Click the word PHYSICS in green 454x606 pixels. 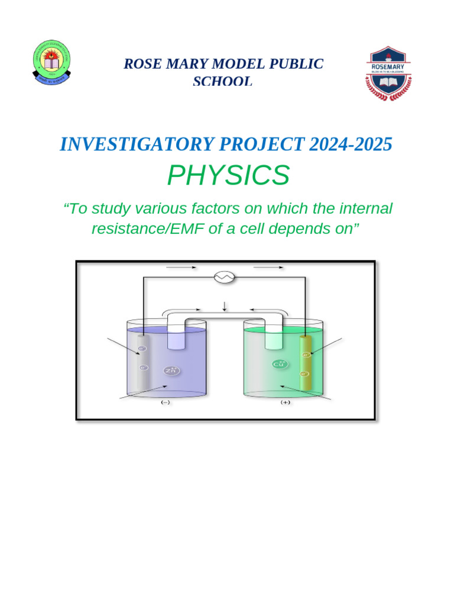(228, 175)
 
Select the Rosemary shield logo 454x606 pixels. (388, 73)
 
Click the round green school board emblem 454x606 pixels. (52, 62)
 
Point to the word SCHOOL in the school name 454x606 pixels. (223, 82)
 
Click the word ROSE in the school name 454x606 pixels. (140, 64)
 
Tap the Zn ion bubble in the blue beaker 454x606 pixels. (171, 371)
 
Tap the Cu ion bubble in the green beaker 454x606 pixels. (280, 364)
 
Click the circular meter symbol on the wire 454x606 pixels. (225, 277)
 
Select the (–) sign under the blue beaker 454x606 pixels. (166, 402)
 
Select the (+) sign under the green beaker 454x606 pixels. (286, 402)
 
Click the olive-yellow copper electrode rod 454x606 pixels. (306, 362)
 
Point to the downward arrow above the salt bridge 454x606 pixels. (225, 305)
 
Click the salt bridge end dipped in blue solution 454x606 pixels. (176, 339)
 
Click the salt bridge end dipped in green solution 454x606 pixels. (274, 339)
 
